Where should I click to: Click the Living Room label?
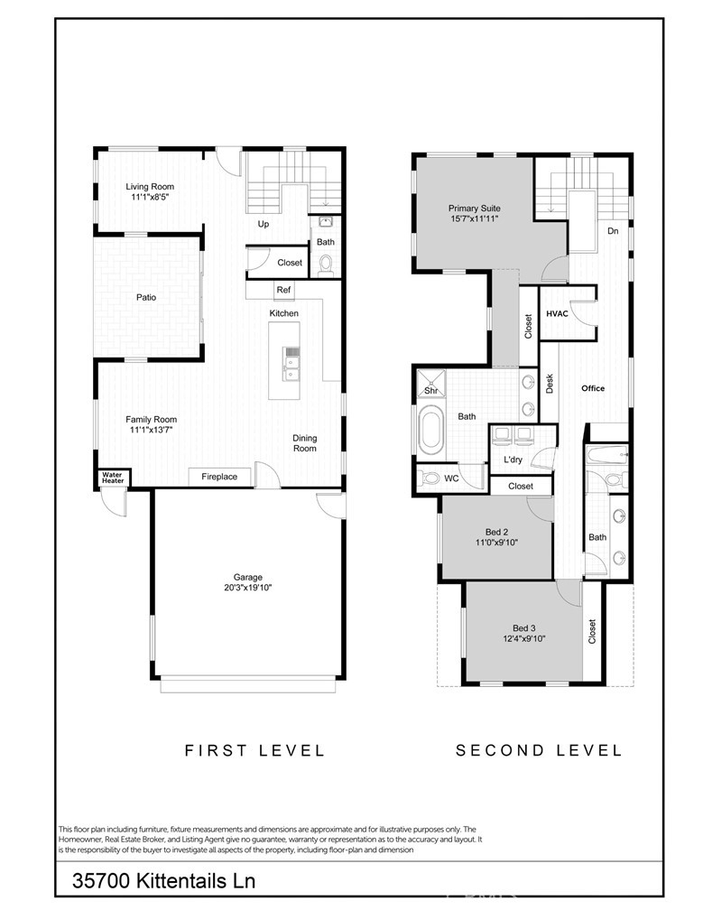click(150, 187)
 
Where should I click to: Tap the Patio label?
click(146, 297)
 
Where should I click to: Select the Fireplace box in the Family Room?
click(220, 477)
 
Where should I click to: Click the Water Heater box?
click(113, 478)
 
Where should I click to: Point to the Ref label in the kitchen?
click(283, 290)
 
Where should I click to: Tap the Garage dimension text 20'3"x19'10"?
click(248, 588)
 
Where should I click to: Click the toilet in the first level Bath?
click(326, 265)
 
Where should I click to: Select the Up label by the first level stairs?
click(264, 224)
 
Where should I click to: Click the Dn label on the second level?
click(613, 231)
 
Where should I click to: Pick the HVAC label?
click(557, 313)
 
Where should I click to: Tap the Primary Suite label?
click(475, 209)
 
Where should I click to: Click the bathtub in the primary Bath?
click(430, 432)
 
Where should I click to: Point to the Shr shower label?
click(431, 391)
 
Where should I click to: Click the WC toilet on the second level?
click(430, 478)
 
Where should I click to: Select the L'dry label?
click(513, 460)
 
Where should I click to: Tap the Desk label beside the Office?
click(550, 383)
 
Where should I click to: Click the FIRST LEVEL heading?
click(254, 750)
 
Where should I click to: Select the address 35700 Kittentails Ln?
click(163, 880)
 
